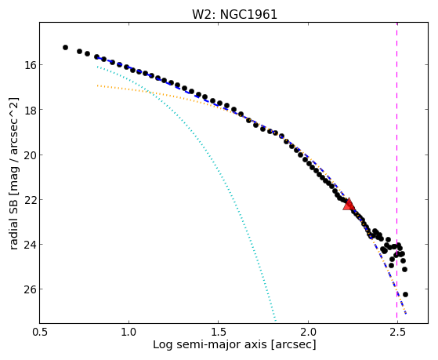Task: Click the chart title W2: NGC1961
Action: click(x=234, y=15)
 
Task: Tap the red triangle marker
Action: click(x=349, y=204)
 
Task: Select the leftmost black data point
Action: click(x=65, y=48)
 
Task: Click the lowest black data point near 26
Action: click(x=405, y=294)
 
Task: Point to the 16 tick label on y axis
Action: click(x=30, y=65)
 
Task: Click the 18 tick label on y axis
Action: click(x=30, y=110)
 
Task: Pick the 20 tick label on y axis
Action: click(x=30, y=155)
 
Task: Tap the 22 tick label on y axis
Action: click(x=30, y=200)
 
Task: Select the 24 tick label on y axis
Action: click(x=30, y=245)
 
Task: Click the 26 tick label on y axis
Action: click(x=30, y=289)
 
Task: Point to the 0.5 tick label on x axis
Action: click(x=40, y=332)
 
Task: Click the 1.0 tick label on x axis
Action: click(x=129, y=332)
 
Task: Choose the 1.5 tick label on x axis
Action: click(x=218, y=332)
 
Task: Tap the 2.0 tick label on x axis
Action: click(x=308, y=332)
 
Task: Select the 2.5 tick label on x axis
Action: click(x=397, y=332)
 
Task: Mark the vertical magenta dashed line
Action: click(x=397, y=173)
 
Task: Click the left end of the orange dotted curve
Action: click(x=97, y=85)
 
